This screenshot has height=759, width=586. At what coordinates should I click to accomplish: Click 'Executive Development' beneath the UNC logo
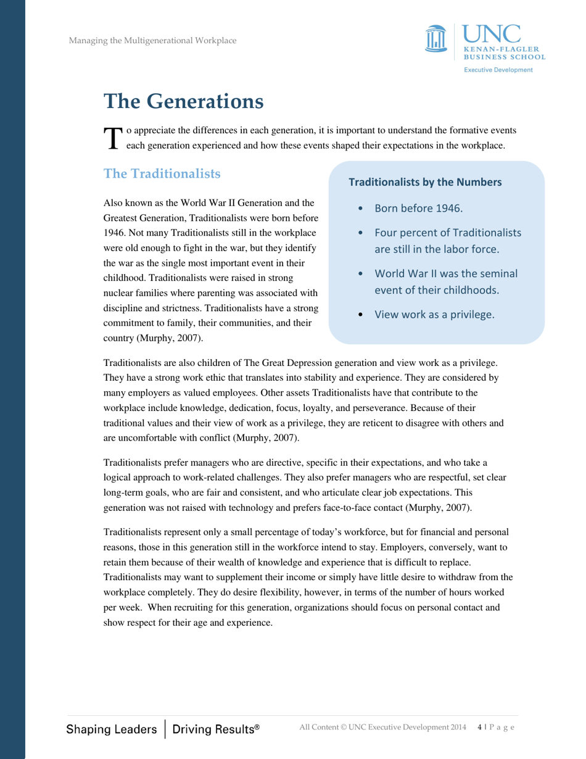click(498, 70)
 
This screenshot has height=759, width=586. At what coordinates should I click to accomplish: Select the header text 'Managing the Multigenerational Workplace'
click(152, 41)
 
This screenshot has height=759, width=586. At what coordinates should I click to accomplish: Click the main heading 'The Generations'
click(183, 101)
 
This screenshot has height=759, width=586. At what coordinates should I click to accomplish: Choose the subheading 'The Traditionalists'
click(162, 174)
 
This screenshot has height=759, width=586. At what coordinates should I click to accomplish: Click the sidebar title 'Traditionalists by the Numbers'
click(425, 183)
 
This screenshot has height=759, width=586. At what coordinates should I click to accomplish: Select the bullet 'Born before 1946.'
click(418, 208)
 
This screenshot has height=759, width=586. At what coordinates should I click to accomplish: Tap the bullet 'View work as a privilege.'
click(434, 314)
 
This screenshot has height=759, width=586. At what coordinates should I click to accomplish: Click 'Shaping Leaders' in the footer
click(112, 729)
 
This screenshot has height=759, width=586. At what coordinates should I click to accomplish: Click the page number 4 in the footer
click(480, 728)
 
